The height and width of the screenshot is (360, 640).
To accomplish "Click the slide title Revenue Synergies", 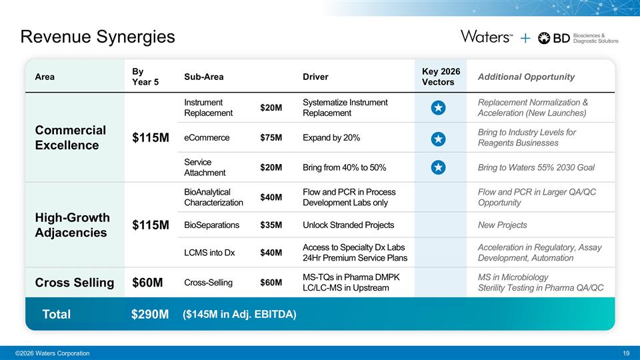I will click(98, 37).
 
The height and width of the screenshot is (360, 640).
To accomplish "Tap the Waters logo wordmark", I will click(486, 37).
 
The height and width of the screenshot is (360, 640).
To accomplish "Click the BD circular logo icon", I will click(544, 38).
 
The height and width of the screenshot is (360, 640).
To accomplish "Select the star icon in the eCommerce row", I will click(437, 139).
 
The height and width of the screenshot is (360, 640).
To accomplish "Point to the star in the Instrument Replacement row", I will click(437, 107).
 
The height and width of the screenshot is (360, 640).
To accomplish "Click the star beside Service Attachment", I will click(437, 167).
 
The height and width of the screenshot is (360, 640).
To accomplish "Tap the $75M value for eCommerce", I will click(271, 138).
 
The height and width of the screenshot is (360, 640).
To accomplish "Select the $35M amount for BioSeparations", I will click(271, 225).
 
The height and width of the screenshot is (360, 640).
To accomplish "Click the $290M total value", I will click(150, 314).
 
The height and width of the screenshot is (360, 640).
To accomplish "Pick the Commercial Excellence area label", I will click(70, 137).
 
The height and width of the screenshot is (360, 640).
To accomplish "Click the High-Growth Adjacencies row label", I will click(72, 225).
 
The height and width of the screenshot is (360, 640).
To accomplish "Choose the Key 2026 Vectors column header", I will click(441, 77).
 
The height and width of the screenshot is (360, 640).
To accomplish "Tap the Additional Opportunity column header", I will click(526, 77).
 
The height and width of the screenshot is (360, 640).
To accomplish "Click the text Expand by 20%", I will click(331, 138).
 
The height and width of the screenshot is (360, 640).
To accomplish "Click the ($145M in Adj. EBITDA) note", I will click(239, 314).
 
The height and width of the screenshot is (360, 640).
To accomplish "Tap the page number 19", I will click(625, 353).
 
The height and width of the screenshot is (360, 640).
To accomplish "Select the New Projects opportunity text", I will click(502, 225).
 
